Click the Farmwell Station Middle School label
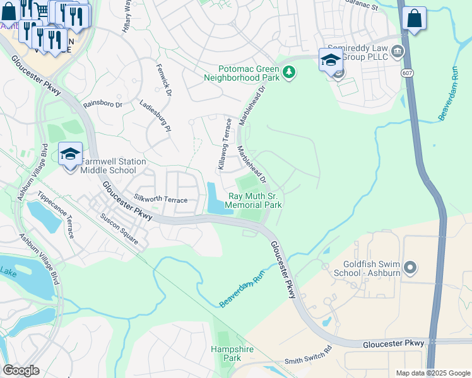click(108, 166)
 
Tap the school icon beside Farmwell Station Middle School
click(71, 153)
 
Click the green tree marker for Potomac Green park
click(289, 72)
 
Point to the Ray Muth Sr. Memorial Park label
click(253, 200)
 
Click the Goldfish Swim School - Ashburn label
click(369, 269)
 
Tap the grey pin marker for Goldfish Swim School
click(411, 268)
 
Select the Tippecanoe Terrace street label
click(56, 215)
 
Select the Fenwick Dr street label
click(164, 81)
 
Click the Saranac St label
click(362, 6)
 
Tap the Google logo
click(21, 370)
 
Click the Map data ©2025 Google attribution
click(432, 373)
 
